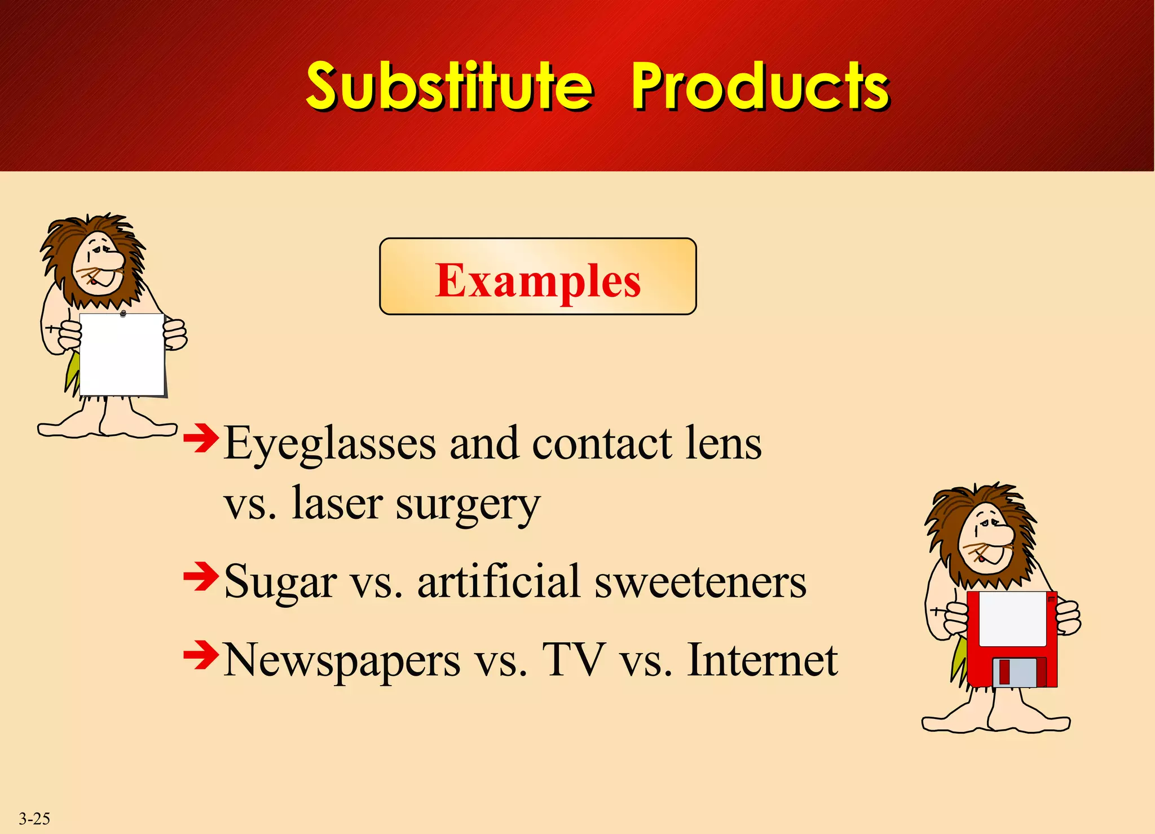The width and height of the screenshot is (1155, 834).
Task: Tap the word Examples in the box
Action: [x=537, y=280]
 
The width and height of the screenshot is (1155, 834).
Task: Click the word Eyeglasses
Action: [x=330, y=444]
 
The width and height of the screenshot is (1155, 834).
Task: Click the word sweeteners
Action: [x=700, y=582]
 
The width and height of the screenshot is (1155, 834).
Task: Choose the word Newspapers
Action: [x=342, y=661]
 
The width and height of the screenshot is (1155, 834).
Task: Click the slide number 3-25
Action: [x=34, y=818]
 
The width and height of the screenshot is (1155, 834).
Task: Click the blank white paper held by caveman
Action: [x=122, y=355]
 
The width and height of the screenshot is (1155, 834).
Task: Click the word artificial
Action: [x=499, y=582]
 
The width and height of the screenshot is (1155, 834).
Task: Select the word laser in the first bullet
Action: [x=337, y=504]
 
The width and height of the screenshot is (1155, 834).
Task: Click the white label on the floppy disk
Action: [x=1012, y=618]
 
